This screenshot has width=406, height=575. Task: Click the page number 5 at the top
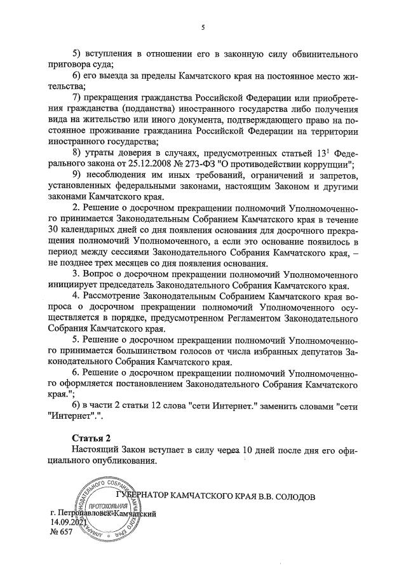pyautogui.click(x=203, y=27)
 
